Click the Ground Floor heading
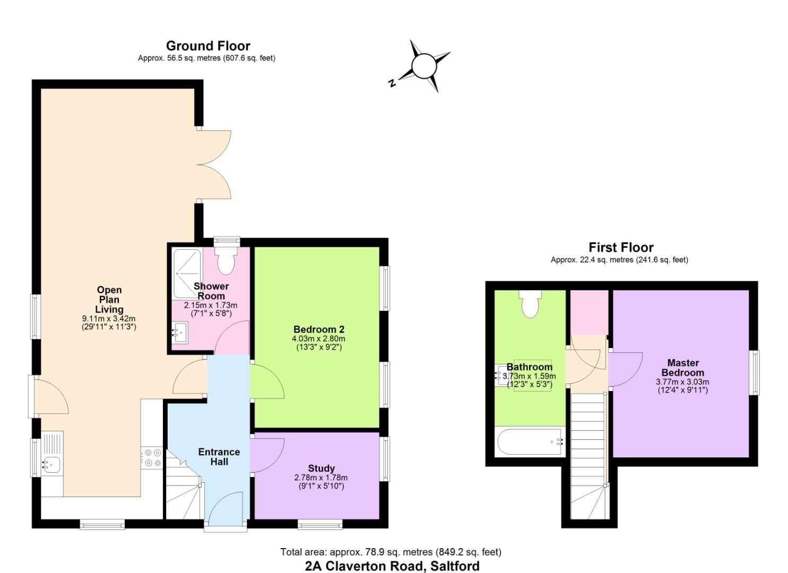[x=208, y=46]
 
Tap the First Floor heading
[x=621, y=248]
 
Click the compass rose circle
[x=424, y=66]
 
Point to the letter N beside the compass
[x=392, y=83]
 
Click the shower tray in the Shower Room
[x=187, y=273]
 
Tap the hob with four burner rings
[x=152, y=458]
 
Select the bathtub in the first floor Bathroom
[x=530, y=442]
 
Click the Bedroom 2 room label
[x=319, y=329]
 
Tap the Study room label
[x=321, y=468]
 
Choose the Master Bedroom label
[x=682, y=368]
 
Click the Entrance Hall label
[x=219, y=457]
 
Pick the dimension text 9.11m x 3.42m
[x=109, y=319]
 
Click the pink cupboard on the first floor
[x=589, y=312]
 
